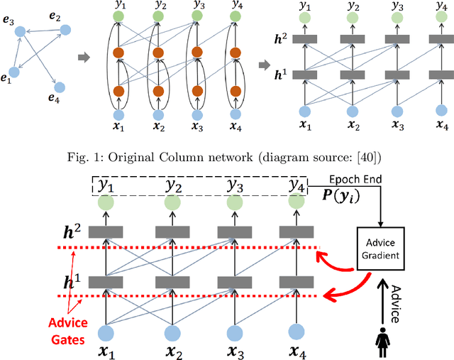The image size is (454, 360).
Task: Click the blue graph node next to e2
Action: pyautogui.click(x=65, y=30)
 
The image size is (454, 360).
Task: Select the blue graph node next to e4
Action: pyautogui.click(x=60, y=87)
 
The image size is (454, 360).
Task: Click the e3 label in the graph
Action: pyautogui.click(x=9, y=22)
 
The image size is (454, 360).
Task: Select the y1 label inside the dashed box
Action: pyautogui.click(x=108, y=185)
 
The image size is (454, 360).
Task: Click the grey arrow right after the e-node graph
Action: pyautogui.click(x=83, y=56)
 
